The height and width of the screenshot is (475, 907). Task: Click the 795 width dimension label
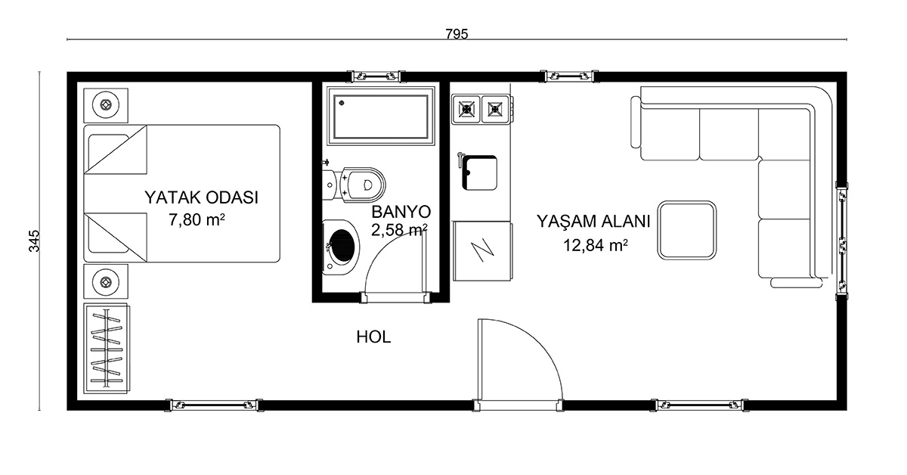(457, 34)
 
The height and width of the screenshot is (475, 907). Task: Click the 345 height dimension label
(35, 241)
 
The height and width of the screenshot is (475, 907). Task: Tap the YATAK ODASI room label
(201, 197)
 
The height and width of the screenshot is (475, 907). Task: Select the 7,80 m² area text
(197, 219)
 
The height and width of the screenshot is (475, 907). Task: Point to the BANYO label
(401, 212)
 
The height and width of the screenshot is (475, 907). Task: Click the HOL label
(373, 337)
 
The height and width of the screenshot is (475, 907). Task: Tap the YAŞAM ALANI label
(593, 222)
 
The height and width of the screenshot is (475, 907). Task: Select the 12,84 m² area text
(596, 245)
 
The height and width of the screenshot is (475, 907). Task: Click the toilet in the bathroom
(354, 185)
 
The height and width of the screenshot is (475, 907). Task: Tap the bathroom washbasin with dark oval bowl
(341, 247)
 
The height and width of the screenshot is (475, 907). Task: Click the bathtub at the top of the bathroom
(381, 116)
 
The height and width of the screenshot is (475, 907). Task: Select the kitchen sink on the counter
(479, 172)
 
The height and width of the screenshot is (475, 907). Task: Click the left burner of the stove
(466, 109)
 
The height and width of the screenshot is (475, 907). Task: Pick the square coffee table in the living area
(687, 230)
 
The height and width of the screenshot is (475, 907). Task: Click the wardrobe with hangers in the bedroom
(107, 349)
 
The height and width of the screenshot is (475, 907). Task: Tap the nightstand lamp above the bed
(106, 105)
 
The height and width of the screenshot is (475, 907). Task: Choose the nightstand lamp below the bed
(106, 281)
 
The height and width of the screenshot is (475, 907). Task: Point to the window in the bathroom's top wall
(376, 76)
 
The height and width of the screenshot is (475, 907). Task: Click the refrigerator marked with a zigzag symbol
(482, 251)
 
